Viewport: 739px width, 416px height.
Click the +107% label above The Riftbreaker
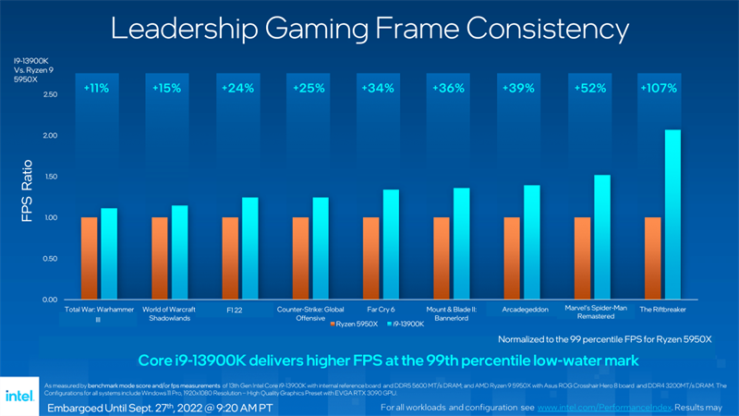click(x=658, y=89)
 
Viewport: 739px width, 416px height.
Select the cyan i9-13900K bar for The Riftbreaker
click(x=672, y=214)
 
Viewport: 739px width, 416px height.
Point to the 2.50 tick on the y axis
click(x=50, y=94)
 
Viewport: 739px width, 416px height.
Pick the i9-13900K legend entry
click(x=406, y=324)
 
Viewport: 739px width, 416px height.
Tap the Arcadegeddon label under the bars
click(x=522, y=310)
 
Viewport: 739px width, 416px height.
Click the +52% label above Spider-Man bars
click(x=588, y=89)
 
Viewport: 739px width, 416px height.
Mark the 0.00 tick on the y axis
click(x=50, y=300)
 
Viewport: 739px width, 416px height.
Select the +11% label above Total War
click(x=96, y=89)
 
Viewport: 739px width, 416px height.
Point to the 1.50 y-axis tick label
click(x=50, y=177)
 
